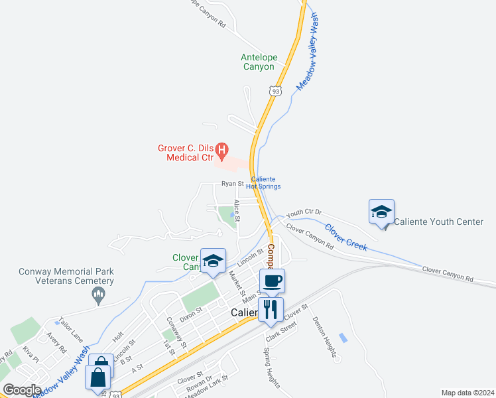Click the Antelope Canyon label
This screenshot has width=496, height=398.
click(257, 62)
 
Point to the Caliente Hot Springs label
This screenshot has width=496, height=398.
click(263, 183)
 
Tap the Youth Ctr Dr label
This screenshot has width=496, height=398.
click(304, 214)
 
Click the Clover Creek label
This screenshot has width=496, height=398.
click(346, 237)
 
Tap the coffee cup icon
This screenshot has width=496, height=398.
click(272, 281)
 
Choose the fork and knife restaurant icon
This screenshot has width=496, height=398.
click(271, 308)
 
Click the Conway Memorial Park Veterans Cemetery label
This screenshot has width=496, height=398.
click(66, 276)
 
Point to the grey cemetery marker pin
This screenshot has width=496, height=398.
click(99, 295)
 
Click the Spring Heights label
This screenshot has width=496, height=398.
click(272, 368)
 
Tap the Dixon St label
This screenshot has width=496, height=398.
click(190, 312)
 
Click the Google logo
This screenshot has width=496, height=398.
click(21, 389)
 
